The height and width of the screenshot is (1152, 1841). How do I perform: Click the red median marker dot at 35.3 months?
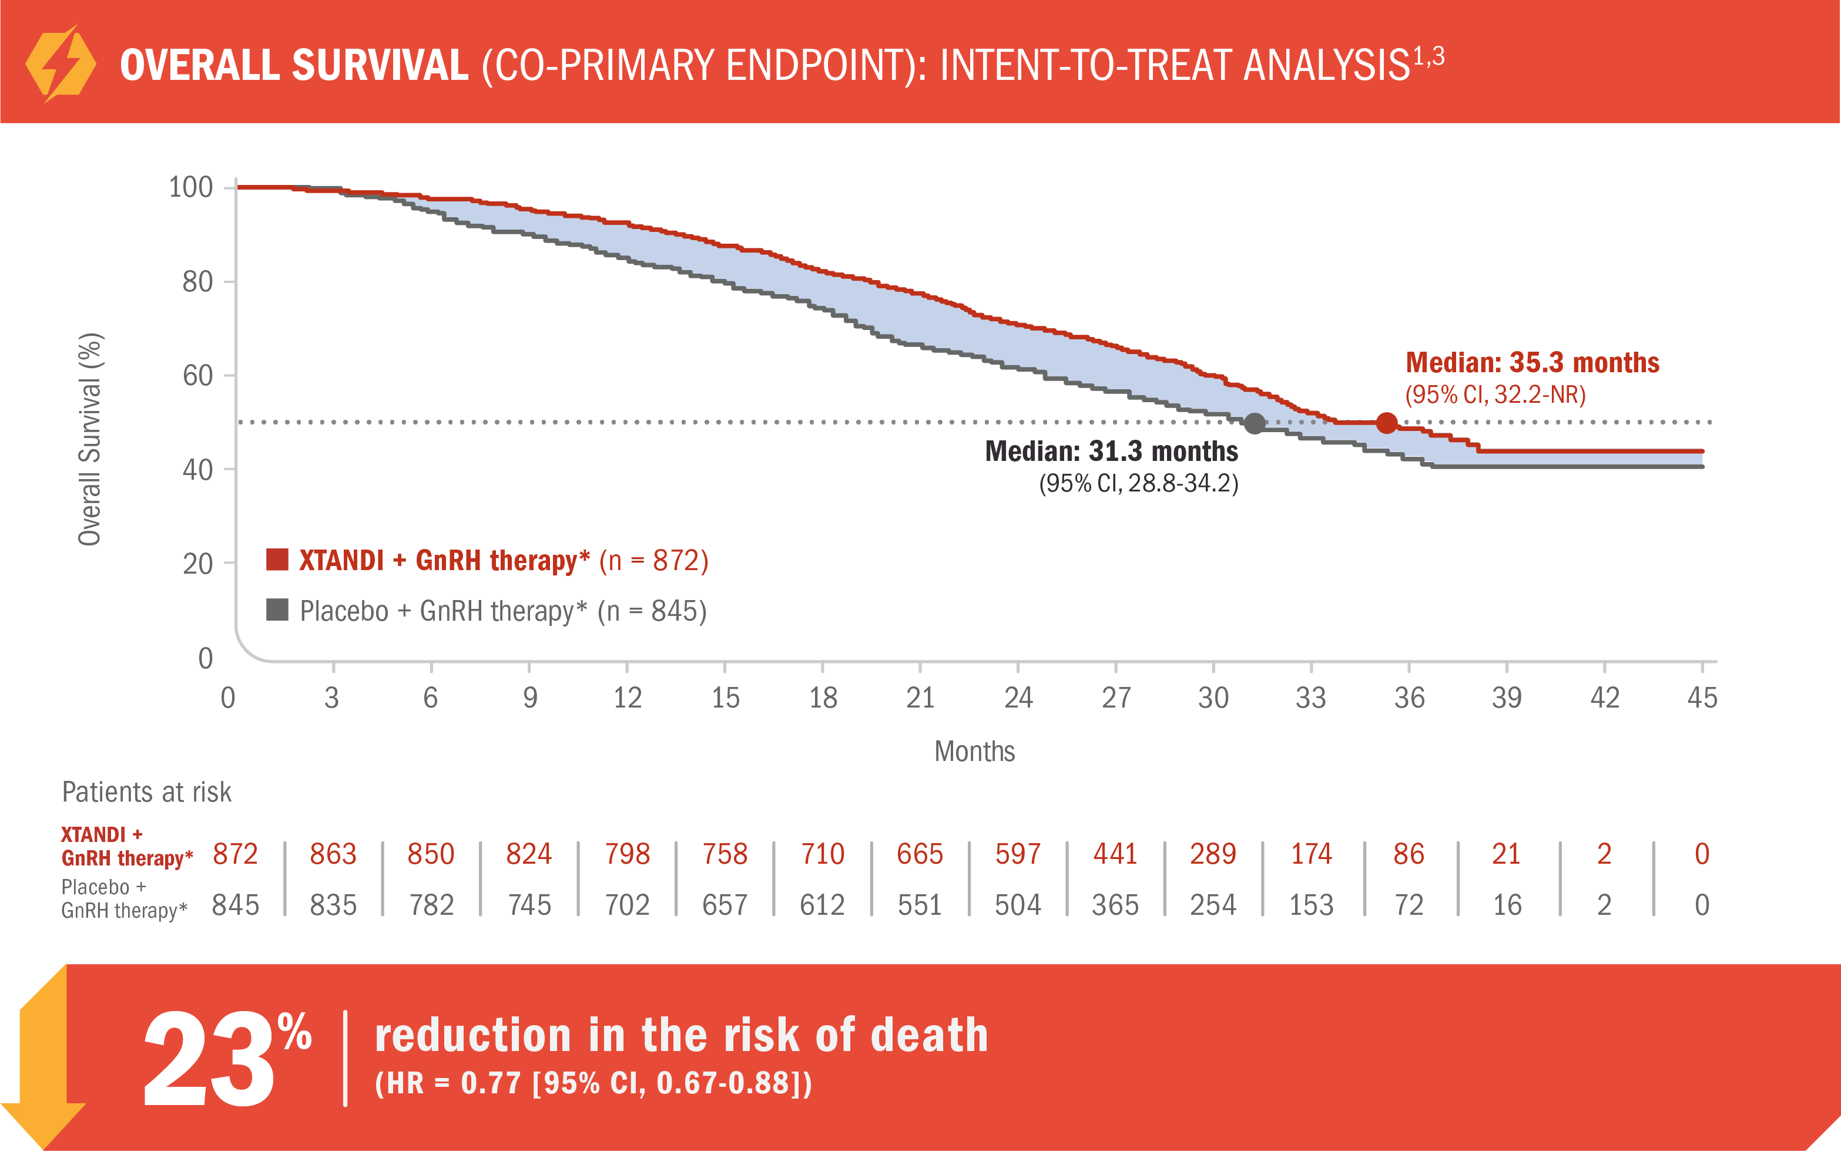[1386, 423]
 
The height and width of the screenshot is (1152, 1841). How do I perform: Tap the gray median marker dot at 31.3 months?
[1254, 423]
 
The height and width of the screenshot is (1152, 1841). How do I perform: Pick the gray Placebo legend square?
[277, 609]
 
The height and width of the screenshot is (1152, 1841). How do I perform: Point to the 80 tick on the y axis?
[197, 282]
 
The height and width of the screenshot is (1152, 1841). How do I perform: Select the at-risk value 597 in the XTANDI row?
[1017, 854]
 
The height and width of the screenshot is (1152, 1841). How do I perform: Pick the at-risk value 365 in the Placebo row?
[1115, 905]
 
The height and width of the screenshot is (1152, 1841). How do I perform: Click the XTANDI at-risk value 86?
[1408, 854]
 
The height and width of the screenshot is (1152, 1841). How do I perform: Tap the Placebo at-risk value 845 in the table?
[236, 905]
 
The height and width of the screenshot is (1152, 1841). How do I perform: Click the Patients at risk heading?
[146, 793]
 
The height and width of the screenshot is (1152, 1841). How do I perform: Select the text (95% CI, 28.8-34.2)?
[1138, 483]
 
